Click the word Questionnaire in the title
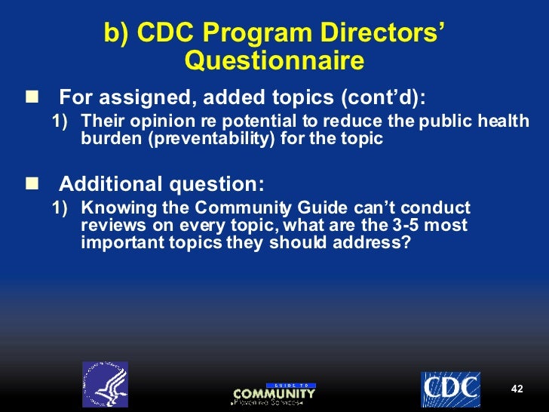tap(274, 61)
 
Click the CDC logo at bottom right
tap(450, 389)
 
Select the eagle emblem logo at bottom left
tap(105, 383)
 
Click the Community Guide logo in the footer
tap(274, 393)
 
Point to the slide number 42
tap(517, 389)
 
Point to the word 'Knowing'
tap(112, 208)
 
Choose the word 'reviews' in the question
tap(109, 225)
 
